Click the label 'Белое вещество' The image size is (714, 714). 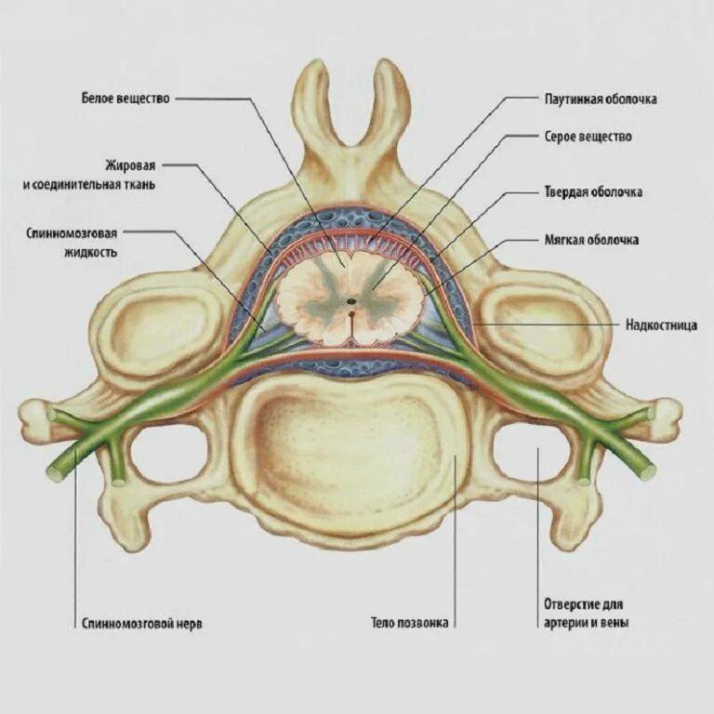click(x=126, y=98)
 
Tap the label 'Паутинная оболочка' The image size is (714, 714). click(x=600, y=99)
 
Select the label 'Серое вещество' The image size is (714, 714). click(x=588, y=137)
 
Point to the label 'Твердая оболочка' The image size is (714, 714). click(x=593, y=192)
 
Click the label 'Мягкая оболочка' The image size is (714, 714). click(x=591, y=240)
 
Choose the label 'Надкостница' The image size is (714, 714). click(x=662, y=325)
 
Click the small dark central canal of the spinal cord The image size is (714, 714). click(x=350, y=300)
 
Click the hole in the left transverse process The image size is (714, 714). click(x=167, y=454)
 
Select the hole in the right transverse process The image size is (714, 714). click(x=530, y=452)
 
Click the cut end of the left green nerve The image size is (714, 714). click(x=54, y=474)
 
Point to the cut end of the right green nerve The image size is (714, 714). click(x=648, y=472)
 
